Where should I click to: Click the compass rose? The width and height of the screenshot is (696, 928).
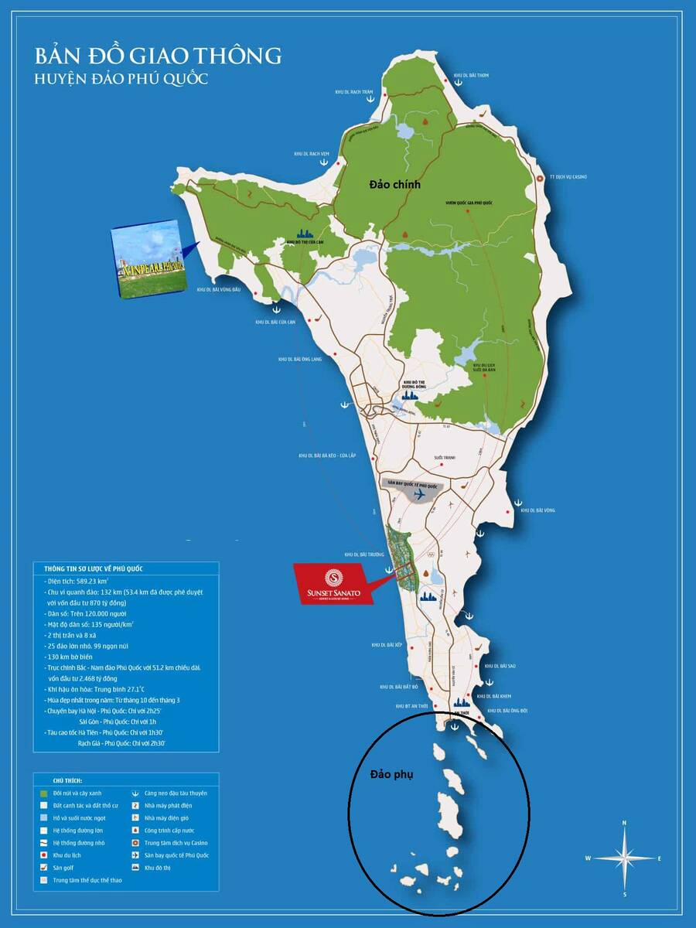click(x=623, y=858)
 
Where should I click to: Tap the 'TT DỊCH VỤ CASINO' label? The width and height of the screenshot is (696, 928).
click(x=568, y=177)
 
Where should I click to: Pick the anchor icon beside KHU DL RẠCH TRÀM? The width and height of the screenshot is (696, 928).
click(x=369, y=101)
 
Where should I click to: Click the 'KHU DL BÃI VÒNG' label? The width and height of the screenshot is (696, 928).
click(x=538, y=510)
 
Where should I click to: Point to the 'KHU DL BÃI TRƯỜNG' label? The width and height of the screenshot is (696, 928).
click(x=365, y=554)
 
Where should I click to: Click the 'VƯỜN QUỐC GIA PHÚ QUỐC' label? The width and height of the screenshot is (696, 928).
click(x=469, y=202)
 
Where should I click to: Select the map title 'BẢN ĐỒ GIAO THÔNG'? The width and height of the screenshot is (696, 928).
click(x=158, y=56)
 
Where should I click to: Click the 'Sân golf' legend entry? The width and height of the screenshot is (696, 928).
click(x=63, y=868)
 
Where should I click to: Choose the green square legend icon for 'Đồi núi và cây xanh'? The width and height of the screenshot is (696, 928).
click(x=43, y=793)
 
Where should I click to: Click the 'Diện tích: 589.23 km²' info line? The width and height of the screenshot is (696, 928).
click(x=77, y=579)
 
